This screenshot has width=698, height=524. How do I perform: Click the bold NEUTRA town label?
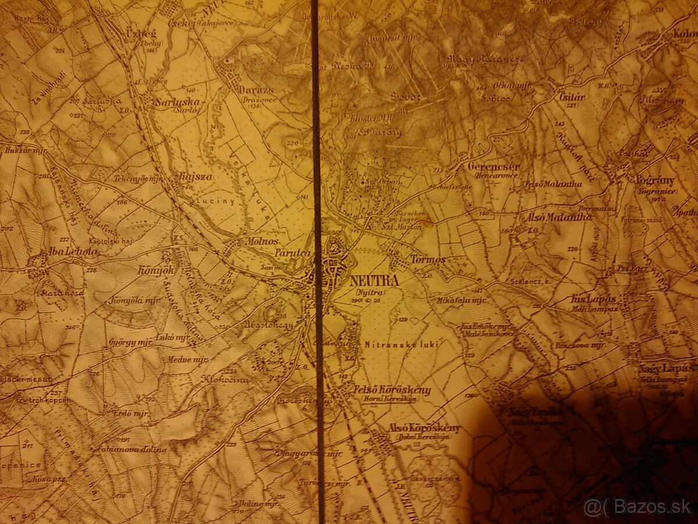point(375,280)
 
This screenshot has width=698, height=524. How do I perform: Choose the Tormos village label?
point(428,259)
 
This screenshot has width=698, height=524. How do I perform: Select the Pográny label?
point(655,179)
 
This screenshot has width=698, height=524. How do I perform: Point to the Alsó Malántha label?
point(558,217)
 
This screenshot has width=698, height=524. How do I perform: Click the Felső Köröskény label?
point(392,390)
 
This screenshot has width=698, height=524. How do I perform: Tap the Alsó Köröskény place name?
point(423,429)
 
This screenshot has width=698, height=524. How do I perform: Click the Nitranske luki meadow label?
point(401,344)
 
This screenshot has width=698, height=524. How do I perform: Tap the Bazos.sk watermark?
point(638,507)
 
